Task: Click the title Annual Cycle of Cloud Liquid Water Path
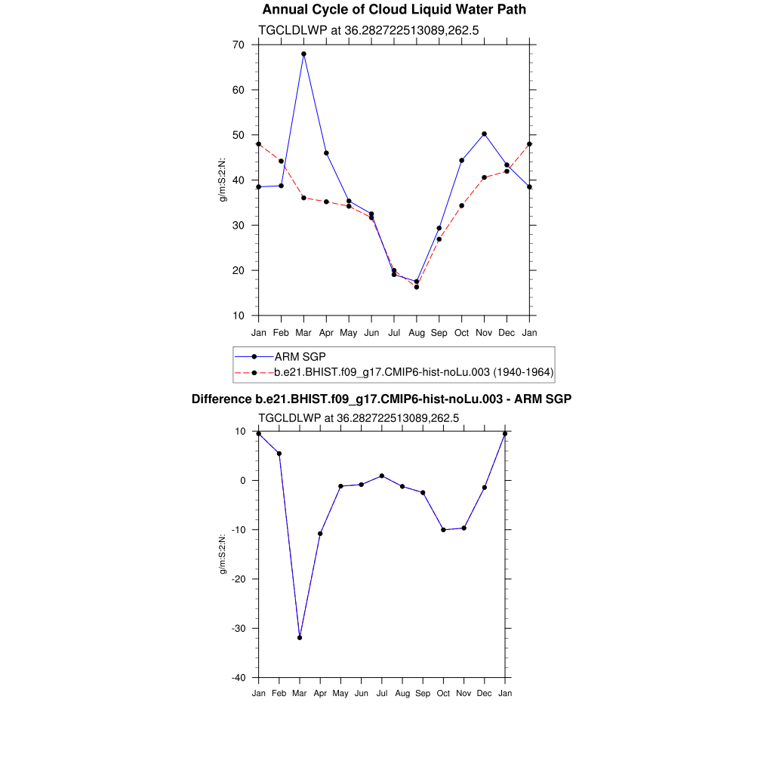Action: tap(394, 10)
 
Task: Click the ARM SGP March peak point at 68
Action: tap(303, 54)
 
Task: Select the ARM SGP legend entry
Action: tap(300, 356)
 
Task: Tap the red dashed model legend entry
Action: tap(414, 372)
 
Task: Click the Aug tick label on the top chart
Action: tap(417, 333)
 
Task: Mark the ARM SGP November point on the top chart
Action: tap(484, 134)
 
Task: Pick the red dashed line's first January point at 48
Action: tap(258, 143)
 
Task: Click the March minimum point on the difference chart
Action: tap(300, 638)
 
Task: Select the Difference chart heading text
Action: tap(381, 399)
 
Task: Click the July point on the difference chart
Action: tap(382, 476)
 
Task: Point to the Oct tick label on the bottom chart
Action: tap(443, 693)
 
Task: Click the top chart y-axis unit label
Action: tap(223, 180)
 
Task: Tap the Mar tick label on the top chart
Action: tap(303, 333)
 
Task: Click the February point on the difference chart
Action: tap(279, 454)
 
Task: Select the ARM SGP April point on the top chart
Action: tap(326, 153)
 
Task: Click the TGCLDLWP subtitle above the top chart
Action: tap(369, 31)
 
